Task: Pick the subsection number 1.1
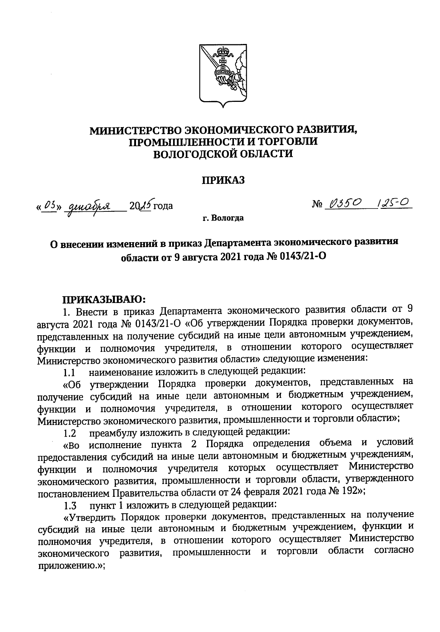69,372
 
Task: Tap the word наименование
120,372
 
